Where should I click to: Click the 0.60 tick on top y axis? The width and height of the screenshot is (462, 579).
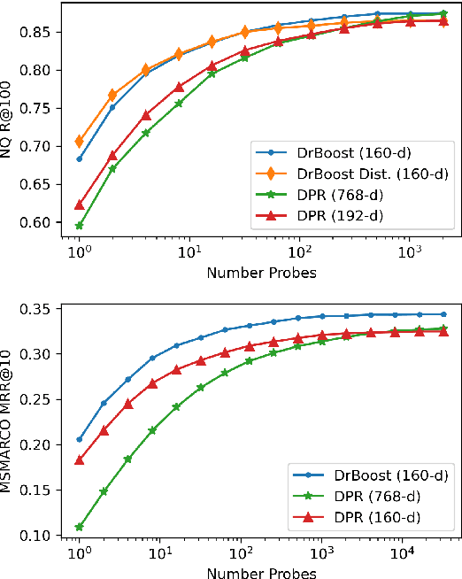click(x=50, y=222)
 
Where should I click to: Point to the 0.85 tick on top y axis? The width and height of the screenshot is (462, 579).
click(x=50, y=32)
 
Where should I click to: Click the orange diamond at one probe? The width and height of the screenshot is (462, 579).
click(x=80, y=142)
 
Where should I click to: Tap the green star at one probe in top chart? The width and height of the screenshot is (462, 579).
click(x=80, y=226)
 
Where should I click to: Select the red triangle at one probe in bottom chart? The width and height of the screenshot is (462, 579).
click(x=80, y=459)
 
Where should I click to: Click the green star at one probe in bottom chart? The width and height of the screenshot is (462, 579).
click(x=80, y=527)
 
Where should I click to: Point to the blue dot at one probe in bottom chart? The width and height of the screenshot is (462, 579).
click(x=80, y=439)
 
